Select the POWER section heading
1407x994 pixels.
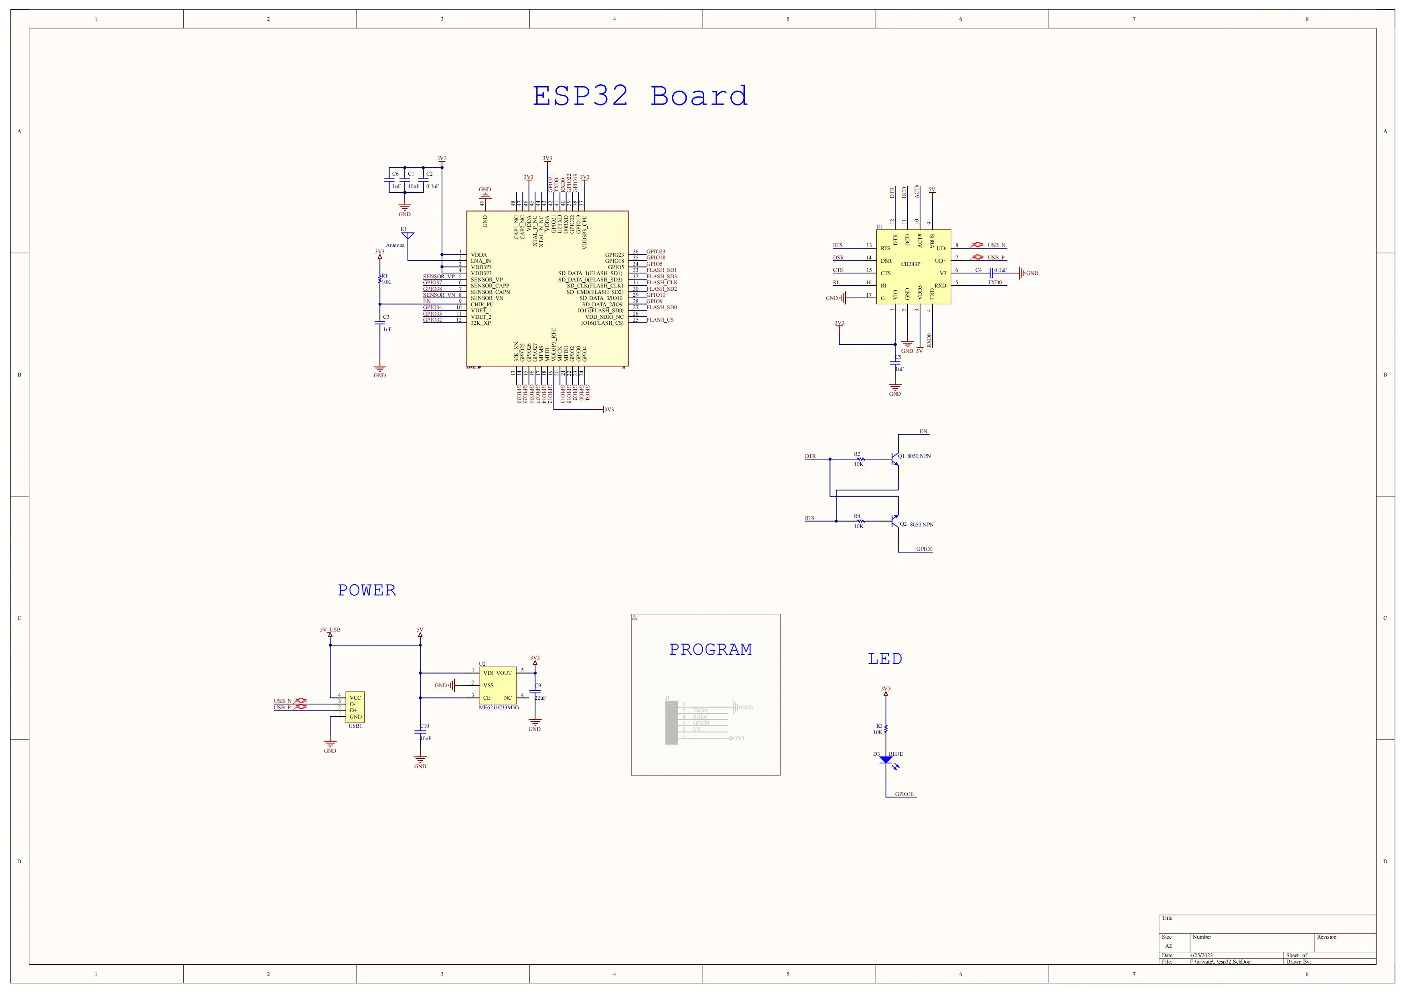[x=367, y=590]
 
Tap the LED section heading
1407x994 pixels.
[x=884, y=659]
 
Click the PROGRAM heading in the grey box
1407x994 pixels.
[x=710, y=650]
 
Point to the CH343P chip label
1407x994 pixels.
[x=910, y=264]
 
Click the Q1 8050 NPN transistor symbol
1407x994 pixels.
[x=895, y=457]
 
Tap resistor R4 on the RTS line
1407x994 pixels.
[x=859, y=521]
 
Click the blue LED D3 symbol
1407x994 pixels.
[x=886, y=760]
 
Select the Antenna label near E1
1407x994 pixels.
[x=395, y=245]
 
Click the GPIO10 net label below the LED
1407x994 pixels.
[x=904, y=794]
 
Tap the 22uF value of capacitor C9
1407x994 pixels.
[x=540, y=698]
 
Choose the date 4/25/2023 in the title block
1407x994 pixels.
[x=1201, y=956]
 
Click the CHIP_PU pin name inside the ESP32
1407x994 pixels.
[x=482, y=304]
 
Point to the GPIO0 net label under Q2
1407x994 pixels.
[x=924, y=549]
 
